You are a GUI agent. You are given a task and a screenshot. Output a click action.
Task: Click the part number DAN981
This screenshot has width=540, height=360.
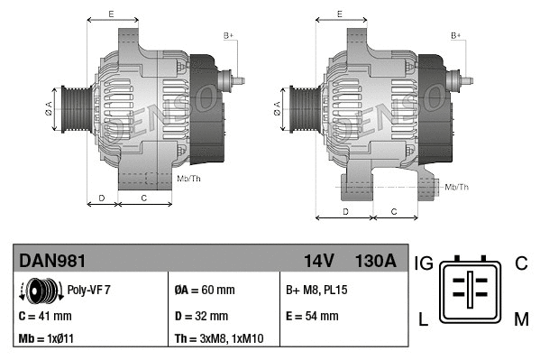point(53,261)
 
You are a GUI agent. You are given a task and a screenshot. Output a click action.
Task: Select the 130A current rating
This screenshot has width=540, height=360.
point(376,261)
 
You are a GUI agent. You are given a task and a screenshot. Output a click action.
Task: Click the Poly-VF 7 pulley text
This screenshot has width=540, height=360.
point(89,291)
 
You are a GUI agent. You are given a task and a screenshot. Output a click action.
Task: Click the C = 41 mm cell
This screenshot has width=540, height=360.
point(45,316)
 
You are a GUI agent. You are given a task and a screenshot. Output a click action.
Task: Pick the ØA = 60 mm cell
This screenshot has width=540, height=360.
point(204,291)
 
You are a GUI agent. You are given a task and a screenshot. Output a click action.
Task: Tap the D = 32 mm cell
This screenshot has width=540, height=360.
point(201,316)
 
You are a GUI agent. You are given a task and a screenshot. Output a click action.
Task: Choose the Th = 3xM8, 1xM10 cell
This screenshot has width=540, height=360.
point(219,340)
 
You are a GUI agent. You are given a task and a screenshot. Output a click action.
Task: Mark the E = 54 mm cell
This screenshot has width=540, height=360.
point(312,316)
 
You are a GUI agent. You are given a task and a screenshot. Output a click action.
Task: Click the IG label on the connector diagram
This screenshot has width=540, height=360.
point(424,263)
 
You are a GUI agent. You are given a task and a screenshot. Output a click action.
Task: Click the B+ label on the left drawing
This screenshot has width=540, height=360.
point(228,35)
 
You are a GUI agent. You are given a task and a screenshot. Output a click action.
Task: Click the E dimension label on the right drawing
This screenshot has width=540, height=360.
point(339,14)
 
